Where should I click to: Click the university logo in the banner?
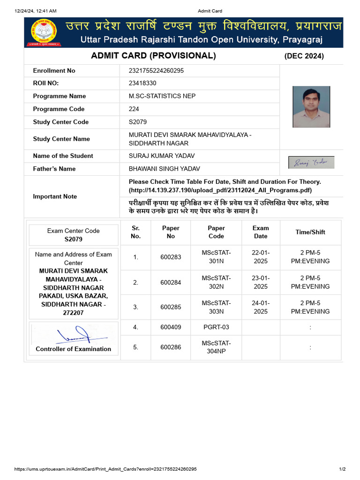(x=44, y=32)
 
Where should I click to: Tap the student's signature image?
(x=311, y=162)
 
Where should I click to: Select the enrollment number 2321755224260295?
(x=156, y=71)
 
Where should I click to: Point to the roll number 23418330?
(x=142, y=83)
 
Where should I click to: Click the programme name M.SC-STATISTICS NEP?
(x=162, y=96)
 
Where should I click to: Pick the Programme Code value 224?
(x=134, y=109)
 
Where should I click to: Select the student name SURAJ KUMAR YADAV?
(x=162, y=156)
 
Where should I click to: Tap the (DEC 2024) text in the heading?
(x=304, y=56)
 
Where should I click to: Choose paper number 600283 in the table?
(x=171, y=257)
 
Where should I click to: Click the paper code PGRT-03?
(x=216, y=327)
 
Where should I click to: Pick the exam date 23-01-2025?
(x=261, y=282)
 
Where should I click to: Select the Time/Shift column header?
(x=310, y=232)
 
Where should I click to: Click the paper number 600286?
(x=171, y=347)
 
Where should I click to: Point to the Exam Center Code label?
(x=74, y=231)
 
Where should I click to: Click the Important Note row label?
(x=55, y=196)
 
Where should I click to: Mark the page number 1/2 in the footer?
(x=342, y=469)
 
